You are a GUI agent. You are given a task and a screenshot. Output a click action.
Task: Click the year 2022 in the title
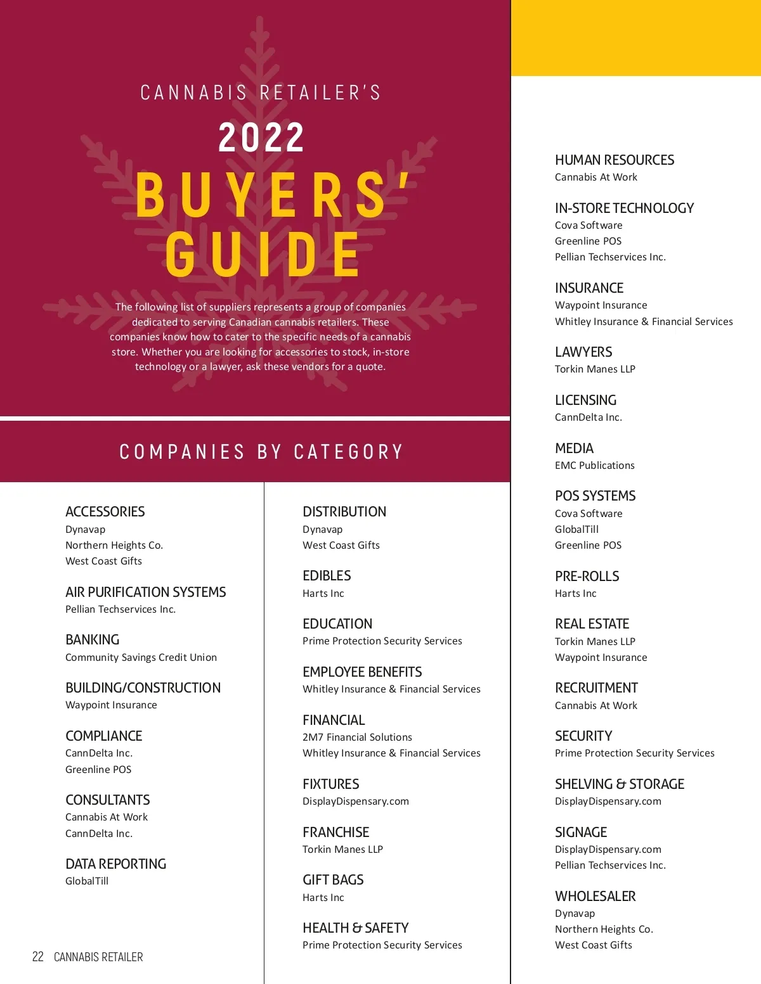coord(261,137)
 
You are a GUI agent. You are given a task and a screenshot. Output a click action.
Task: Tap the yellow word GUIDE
coord(263,254)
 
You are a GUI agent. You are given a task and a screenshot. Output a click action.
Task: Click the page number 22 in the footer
coord(38,957)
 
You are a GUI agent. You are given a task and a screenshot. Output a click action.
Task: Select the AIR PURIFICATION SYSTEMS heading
coord(145,592)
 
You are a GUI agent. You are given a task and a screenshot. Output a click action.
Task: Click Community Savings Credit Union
coord(141,657)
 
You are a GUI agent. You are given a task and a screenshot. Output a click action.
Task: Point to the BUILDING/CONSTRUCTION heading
coord(143,687)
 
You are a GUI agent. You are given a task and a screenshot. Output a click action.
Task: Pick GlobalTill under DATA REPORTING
coord(87,881)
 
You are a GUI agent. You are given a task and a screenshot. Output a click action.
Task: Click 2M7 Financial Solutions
coord(357,737)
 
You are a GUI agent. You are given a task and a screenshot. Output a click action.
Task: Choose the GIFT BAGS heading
coord(333,879)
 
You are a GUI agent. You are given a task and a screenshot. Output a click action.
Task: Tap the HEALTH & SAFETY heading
coord(355,928)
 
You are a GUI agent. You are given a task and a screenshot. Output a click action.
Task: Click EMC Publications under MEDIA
coord(594,465)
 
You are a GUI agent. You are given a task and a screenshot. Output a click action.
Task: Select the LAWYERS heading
coord(583,352)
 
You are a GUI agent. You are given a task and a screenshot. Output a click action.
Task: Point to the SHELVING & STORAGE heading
coord(620,784)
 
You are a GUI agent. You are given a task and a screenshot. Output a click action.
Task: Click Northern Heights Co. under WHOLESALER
coord(604,929)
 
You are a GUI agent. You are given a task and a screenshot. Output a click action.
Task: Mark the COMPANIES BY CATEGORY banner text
coord(261,452)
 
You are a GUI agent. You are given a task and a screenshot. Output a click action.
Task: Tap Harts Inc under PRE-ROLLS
coord(575,593)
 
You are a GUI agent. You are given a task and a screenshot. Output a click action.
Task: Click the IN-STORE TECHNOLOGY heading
coord(624,208)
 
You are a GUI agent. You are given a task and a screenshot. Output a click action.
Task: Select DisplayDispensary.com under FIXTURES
coord(355,801)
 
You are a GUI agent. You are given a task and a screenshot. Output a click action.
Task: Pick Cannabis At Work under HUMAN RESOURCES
coord(595,177)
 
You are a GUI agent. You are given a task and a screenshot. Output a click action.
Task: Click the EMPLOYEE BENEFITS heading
coord(362,672)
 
